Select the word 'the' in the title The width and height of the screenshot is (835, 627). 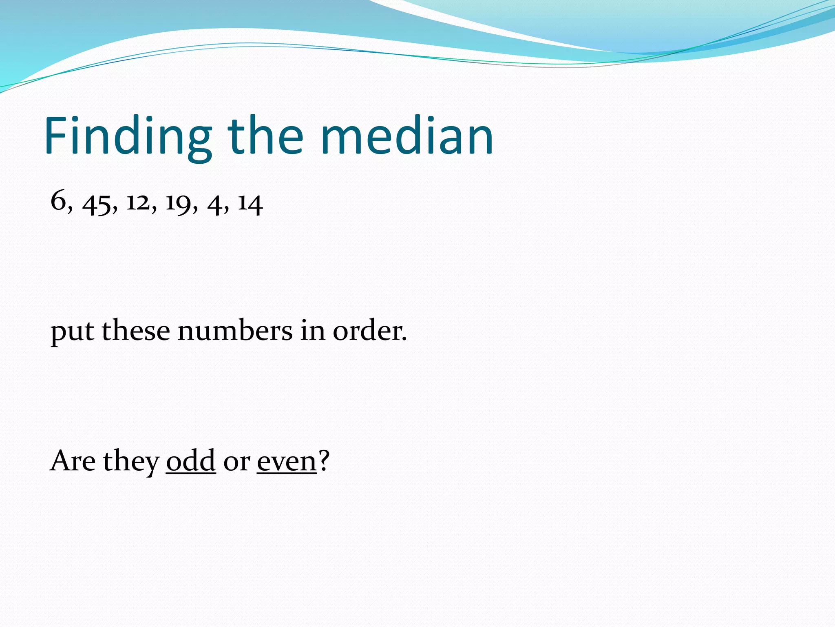click(x=265, y=136)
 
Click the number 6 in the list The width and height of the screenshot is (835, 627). click(x=58, y=201)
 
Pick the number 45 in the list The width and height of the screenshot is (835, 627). click(x=96, y=203)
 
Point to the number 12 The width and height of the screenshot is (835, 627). click(x=138, y=202)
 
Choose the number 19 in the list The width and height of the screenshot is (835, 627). click(x=178, y=203)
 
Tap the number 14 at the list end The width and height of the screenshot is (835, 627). click(x=250, y=203)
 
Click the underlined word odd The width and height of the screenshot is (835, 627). click(x=190, y=460)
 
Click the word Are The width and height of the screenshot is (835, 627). click(x=73, y=460)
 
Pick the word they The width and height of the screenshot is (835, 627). click(x=131, y=461)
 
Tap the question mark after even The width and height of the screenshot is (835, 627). click(x=323, y=460)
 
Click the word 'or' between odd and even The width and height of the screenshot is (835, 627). click(x=236, y=463)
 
